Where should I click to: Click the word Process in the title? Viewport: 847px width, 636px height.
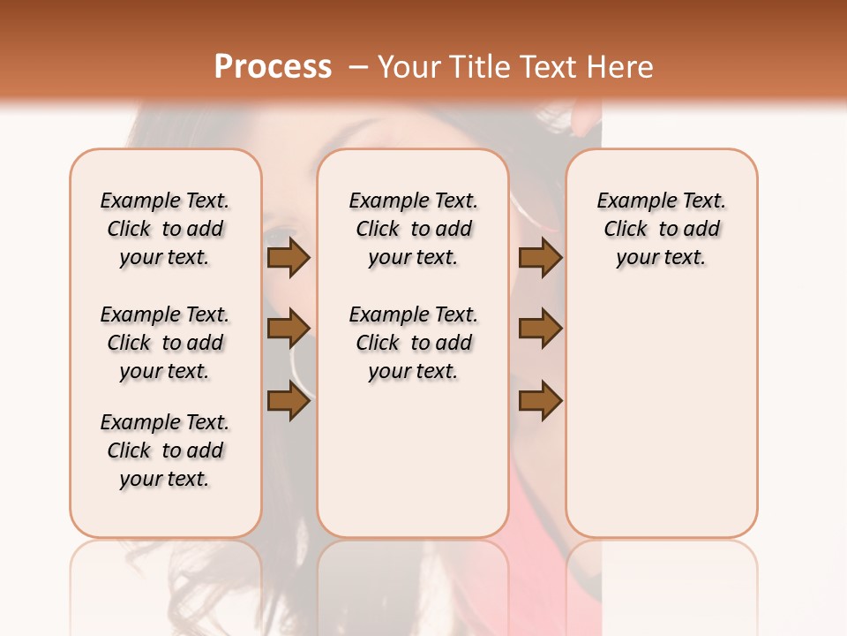[x=273, y=67]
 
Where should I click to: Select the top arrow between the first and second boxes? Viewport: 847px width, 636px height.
[x=289, y=258]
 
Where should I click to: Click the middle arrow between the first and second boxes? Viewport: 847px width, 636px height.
[x=289, y=329]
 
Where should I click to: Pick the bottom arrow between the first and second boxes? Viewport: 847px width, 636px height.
[x=289, y=401]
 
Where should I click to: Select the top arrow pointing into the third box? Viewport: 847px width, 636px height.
[x=540, y=258]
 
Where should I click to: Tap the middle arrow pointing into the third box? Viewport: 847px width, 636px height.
[x=540, y=329]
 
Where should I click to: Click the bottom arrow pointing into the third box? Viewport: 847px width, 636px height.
[x=540, y=401]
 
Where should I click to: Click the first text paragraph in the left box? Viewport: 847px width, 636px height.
[x=165, y=229]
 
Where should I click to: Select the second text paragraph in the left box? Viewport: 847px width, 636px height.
[x=165, y=343]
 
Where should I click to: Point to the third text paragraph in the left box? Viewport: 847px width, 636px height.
[x=165, y=450]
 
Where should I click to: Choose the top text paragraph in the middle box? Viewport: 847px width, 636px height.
[x=413, y=229]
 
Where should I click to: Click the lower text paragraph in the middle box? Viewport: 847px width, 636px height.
[x=413, y=343]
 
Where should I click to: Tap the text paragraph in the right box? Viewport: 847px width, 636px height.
[x=662, y=229]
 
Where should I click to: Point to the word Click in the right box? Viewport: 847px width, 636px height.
[x=626, y=230]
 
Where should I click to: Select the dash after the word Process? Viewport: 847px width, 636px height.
[x=358, y=67]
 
